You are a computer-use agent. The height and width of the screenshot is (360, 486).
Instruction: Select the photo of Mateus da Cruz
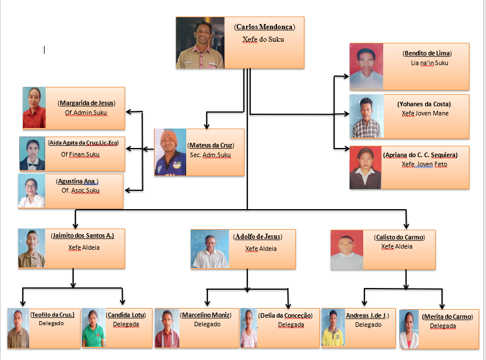tap(170, 152)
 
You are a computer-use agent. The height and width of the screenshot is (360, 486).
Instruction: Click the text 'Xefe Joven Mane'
tap(424, 114)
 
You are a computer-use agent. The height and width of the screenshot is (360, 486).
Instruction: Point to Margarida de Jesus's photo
tap(34, 107)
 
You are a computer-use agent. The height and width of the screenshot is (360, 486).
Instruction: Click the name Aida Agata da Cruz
tap(83, 142)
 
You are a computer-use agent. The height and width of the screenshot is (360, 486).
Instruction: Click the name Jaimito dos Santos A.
tap(82, 235)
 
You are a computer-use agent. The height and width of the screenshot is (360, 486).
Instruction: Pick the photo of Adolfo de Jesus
tap(210, 249)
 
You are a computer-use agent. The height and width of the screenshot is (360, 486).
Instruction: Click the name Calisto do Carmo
tap(400, 237)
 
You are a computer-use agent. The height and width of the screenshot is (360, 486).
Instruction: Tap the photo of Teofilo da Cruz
tap(18, 329)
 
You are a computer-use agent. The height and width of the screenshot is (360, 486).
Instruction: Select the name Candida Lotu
tap(126, 315)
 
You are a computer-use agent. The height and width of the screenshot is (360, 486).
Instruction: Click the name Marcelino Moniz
tap(206, 315)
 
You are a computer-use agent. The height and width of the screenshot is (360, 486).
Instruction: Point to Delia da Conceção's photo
tap(248, 328)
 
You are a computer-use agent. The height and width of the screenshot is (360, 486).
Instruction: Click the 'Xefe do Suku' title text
tap(263, 39)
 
